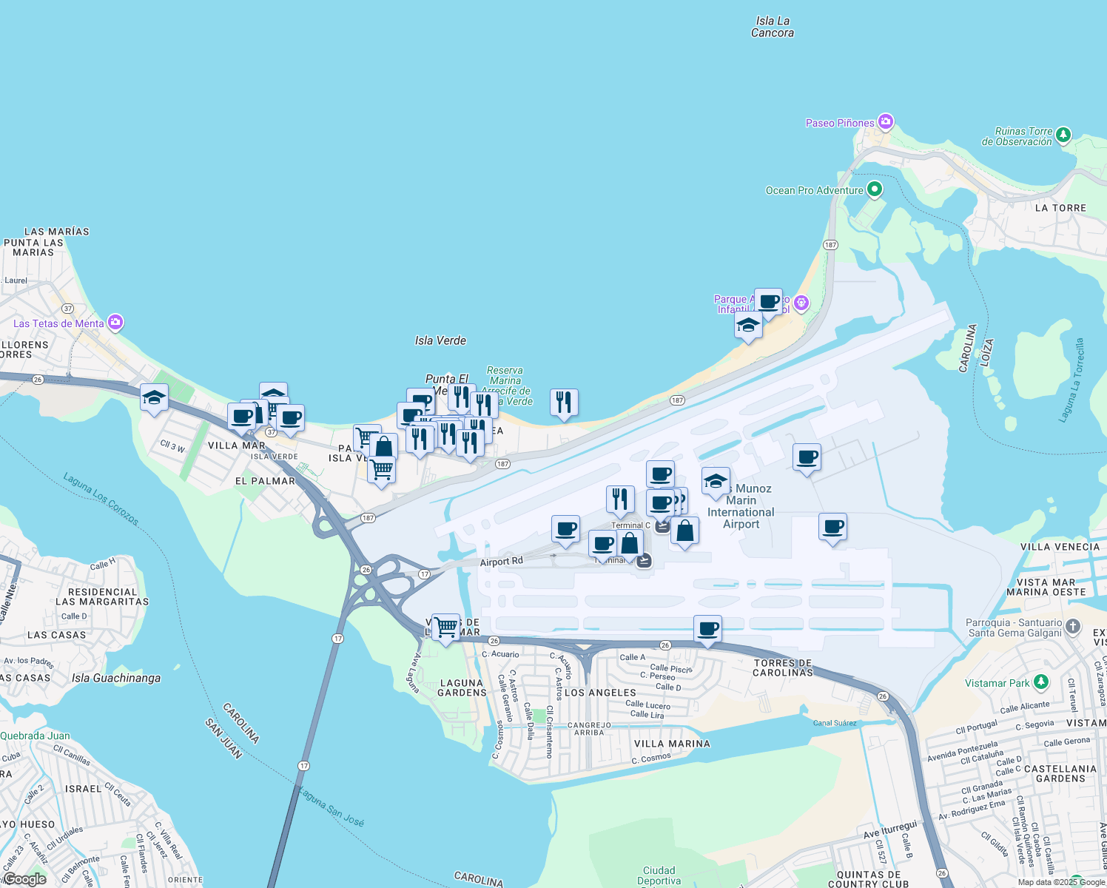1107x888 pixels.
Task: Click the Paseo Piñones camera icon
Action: pos(886,122)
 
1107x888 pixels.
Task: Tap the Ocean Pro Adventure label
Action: pos(814,190)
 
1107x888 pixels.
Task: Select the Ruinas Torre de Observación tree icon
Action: pos(1063,135)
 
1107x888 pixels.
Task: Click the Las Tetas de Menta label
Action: pos(58,323)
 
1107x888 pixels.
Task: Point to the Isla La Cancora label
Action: pos(773,27)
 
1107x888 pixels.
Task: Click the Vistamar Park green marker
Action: pos(1041,682)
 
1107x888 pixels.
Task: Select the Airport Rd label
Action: pos(501,562)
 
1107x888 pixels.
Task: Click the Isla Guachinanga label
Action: pos(116,678)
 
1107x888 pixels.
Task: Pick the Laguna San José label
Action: pos(331,806)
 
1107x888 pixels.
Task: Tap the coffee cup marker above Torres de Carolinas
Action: pos(707,628)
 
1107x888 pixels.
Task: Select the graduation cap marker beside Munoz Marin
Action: pos(716,480)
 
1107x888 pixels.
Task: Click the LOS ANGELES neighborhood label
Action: pos(600,693)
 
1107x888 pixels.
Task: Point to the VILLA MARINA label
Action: pos(672,744)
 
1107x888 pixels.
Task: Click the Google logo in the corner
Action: pos(24,879)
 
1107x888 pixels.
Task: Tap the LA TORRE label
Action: pos(1060,208)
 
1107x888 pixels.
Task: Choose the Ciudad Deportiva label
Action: pos(659,875)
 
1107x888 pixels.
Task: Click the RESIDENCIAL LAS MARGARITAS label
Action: pos(102,596)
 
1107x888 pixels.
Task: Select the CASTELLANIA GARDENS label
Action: pos(1060,773)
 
